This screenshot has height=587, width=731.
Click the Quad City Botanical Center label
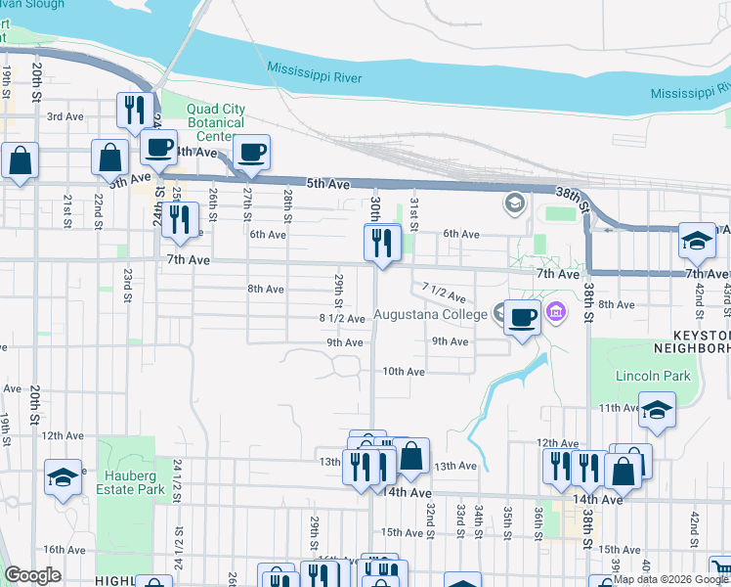202,123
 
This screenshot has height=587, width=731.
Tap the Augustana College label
430,315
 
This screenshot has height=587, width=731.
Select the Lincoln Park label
653,376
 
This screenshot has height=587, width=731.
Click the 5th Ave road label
327,184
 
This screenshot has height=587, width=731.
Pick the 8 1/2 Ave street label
342,318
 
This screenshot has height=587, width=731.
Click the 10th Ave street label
403,372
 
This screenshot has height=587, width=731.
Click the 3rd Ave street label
66,116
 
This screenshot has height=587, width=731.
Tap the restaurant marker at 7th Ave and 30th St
382,242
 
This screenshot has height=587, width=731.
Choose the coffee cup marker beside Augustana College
523,316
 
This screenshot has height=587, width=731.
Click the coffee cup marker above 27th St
251,152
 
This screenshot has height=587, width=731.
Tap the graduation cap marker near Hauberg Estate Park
63,477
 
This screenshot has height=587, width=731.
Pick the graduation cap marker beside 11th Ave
657,411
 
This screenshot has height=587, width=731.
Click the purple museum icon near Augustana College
557,314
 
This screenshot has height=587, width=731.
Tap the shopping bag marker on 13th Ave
412,455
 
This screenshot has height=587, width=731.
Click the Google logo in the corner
32,576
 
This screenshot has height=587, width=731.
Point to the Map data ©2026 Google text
669,579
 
